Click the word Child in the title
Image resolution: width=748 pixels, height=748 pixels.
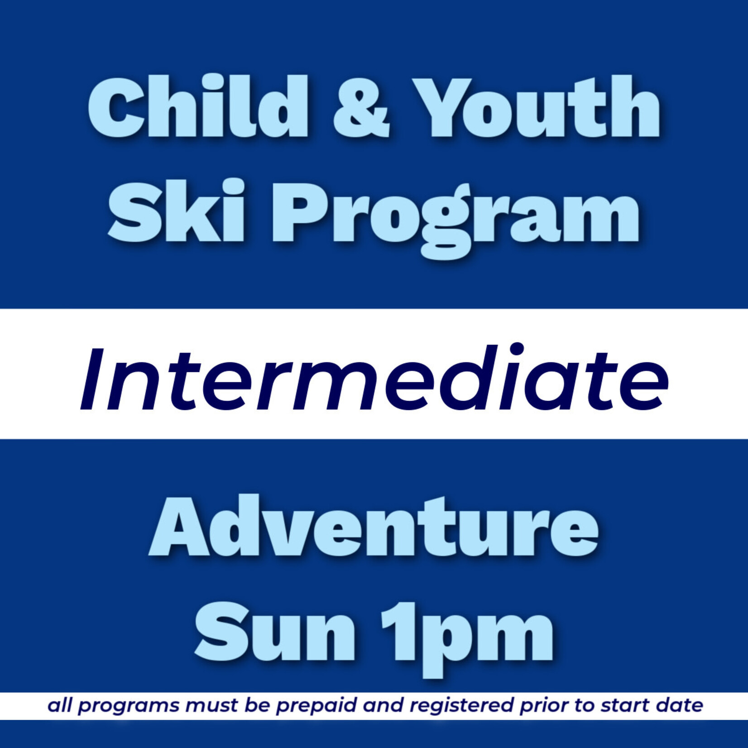click(197, 107)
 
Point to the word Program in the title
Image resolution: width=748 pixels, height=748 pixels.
click(455, 217)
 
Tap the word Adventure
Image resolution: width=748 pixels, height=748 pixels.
click(374, 526)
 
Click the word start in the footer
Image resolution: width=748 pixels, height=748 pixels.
click(626, 705)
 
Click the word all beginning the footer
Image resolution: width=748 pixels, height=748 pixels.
click(60, 705)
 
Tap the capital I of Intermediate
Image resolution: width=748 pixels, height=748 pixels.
click(91, 379)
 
